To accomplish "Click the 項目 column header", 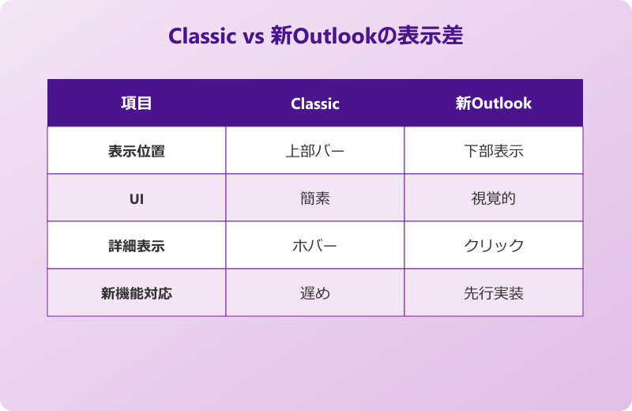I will (136, 104).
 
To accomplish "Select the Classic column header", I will (315, 104).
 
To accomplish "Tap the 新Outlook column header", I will (494, 104).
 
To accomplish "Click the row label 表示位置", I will (136, 151).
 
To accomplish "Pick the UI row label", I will (136, 198).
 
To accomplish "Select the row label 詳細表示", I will (136, 246).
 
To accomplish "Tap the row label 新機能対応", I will (136, 293).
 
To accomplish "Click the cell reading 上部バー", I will (315, 151).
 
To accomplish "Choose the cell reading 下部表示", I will (494, 151).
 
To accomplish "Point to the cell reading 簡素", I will (315, 198).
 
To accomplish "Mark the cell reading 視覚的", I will (494, 198).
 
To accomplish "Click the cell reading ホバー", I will (315, 246).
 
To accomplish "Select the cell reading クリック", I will (494, 246).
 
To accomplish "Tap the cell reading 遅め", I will (315, 293).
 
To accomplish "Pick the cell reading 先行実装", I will (494, 293).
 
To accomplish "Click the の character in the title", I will (393, 36).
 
